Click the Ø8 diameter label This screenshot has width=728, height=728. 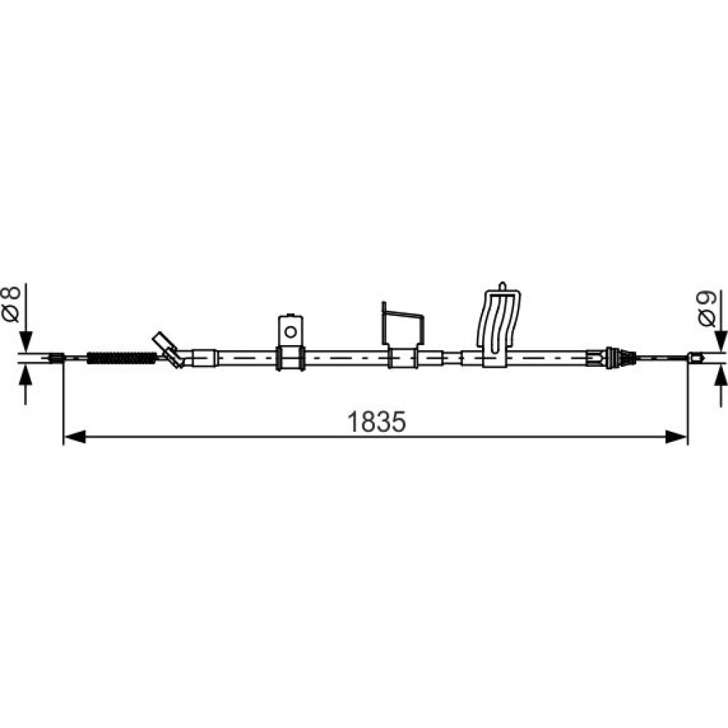(11, 304)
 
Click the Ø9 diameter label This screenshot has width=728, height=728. (707, 309)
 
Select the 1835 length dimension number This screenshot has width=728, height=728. (376, 422)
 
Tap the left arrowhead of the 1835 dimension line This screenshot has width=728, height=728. (74, 437)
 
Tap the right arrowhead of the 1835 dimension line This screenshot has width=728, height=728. (676, 437)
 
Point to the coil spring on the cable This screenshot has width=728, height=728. (122, 358)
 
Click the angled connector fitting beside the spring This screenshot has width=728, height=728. (169, 349)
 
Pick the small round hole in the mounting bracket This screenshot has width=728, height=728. (290, 332)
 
